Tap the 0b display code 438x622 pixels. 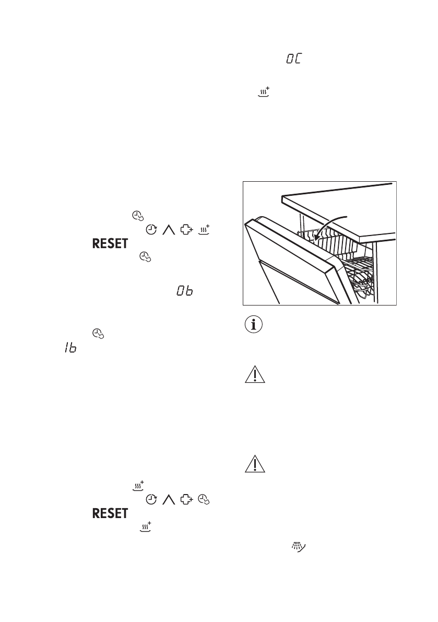184,292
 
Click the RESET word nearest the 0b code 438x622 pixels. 110,244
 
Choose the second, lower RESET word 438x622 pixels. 110,513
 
